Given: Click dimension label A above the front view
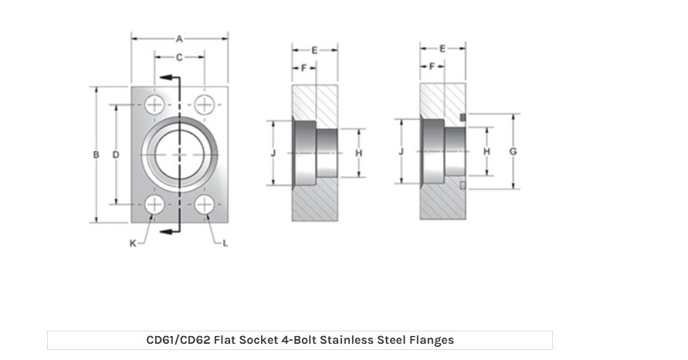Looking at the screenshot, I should coord(179,37).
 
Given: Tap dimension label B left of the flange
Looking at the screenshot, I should coord(97,155).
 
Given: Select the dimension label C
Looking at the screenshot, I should coord(179,57).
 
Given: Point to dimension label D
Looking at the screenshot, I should coord(116,155).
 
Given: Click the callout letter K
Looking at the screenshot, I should coord(133,244).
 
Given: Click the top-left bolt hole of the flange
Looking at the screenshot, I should coord(155,104).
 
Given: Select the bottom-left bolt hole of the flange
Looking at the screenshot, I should coord(155,205).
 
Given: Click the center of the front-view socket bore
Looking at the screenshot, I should coord(180,155).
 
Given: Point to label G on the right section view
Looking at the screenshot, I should coord(513,151).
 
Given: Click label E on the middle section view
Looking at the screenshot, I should coord(314,49).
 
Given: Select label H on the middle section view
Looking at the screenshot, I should coord(358,153).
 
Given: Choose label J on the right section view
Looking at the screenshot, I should coord(401,151).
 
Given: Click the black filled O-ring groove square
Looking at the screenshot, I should coord(463,117).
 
